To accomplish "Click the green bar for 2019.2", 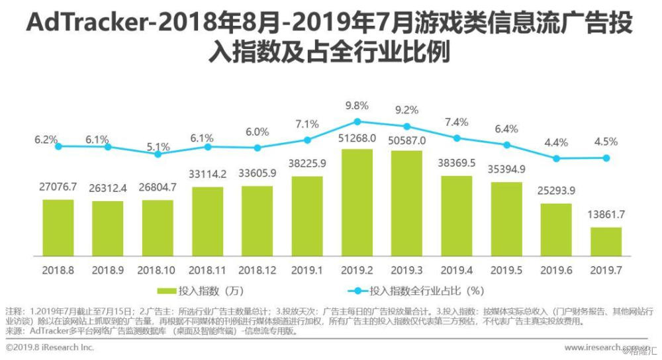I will [x=357, y=202].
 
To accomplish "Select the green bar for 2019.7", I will [x=606, y=242].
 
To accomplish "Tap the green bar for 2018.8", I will [x=58, y=227].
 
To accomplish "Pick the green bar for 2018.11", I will [x=207, y=221].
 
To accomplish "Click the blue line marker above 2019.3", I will [x=407, y=126].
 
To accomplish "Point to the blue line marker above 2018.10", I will [x=158, y=154].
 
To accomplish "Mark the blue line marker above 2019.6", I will [x=556, y=158].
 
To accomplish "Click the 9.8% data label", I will [x=357, y=105].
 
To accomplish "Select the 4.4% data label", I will [x=556, y=142].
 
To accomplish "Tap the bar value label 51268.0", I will [x=357, y=138].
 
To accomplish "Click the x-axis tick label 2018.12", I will [x=257, y=270].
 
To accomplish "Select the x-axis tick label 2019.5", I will [x=506, y=270].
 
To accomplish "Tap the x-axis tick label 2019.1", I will [x=307, y=270].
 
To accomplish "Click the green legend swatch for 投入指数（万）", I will [x=165, y=291].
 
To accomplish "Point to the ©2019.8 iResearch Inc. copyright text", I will [x=50, y=347].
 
